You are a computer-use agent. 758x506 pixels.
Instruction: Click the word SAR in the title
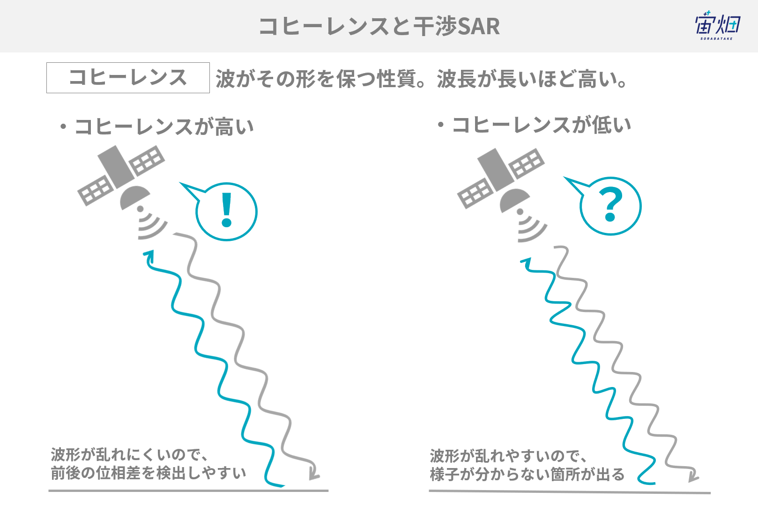478,26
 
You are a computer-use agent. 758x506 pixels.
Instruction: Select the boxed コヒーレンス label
128,77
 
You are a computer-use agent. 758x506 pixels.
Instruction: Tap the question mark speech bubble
604,205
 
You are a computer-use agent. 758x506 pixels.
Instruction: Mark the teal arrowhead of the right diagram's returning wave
526,263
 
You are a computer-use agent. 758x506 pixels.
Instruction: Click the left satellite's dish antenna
134,197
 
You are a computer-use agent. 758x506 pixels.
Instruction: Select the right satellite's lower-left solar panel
475,193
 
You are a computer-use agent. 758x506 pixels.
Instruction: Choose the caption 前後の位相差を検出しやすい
148,473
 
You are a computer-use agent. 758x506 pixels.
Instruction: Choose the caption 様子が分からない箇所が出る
527,474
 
